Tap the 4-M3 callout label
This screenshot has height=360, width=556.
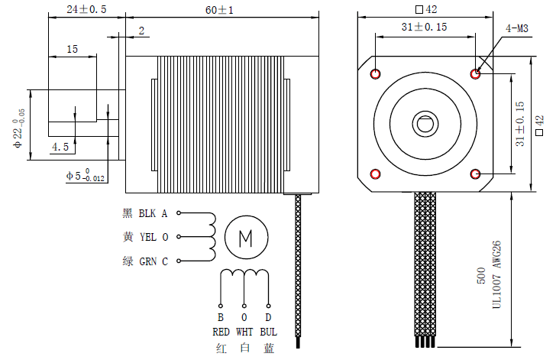[517, 29]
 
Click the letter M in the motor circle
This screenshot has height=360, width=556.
[246, 238]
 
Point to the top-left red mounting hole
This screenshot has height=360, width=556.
[376, 74]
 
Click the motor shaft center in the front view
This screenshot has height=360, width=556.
[425, 122]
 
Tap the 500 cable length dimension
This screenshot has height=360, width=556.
[481, 276]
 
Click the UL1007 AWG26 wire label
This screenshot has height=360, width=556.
[496, 276]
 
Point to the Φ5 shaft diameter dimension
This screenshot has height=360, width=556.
[85, 176]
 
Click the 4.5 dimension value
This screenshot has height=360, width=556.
[60, 146]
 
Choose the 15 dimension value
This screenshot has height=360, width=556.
[72, 49]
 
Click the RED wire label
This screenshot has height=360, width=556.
[221, 332]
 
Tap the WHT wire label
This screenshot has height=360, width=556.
[244, 332]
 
